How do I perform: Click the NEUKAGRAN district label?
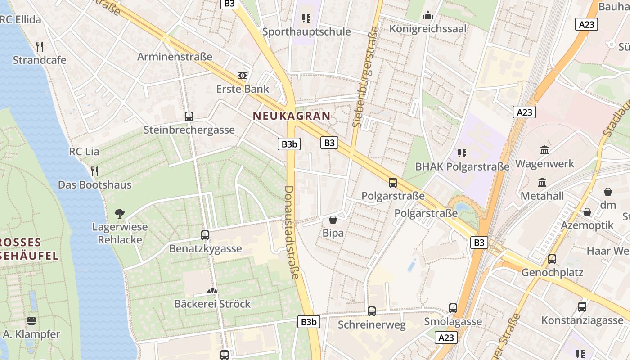click(x=292, y=116)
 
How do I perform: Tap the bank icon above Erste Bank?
click(x=243, y=76)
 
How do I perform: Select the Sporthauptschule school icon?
click(x=306, y=18)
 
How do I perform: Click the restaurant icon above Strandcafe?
click(x=40, y=46)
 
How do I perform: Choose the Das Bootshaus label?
click(x=94, y=184)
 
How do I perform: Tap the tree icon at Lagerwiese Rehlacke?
click(x=120, y=213)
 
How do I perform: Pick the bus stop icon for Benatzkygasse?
click(x=205, y=235)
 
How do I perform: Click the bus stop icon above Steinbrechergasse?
click(x=189, y=117)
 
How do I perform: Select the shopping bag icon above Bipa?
click(x=333, y=220)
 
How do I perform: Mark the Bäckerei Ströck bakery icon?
click(x=212, y=291)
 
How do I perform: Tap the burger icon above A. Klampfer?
click(x=31, y=321)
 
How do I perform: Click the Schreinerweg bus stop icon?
click(x=372, y=311)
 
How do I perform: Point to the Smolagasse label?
click(x=453, y=321)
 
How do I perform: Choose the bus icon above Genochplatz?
click(x=552, y=259)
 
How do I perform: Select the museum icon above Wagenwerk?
click(x=544, y=150)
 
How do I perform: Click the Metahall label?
click(x=542, y=196)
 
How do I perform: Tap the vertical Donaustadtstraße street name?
click(x=291, y=232)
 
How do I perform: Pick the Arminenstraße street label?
click(x=175, y=57)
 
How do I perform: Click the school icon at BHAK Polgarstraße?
click(x=462, y=153)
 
